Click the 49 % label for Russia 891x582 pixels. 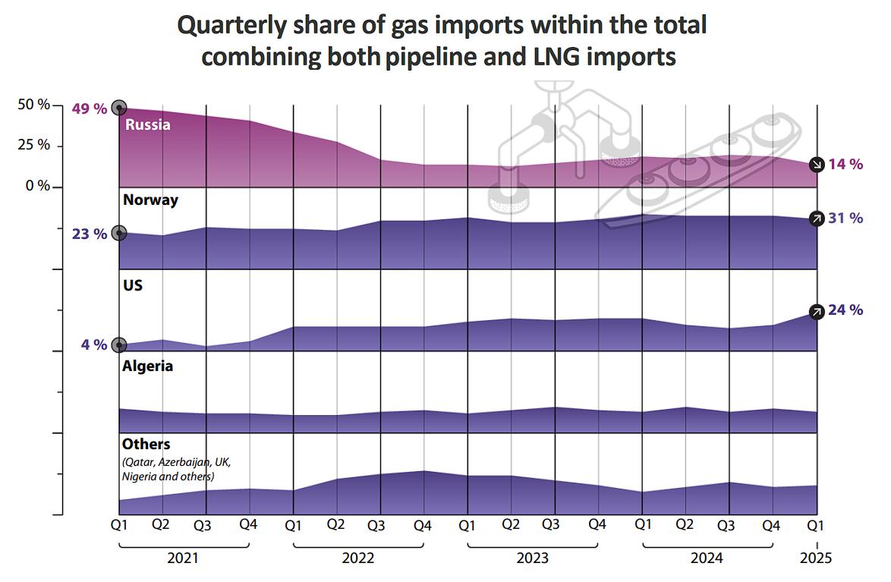[90, 109]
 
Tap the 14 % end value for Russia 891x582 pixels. [845, 164]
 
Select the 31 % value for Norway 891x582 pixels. [845, 219]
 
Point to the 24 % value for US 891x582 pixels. [845, 310]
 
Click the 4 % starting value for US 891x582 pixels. [94, 344]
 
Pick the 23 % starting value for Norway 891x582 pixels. [90, 234]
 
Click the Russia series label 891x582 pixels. [148, 124]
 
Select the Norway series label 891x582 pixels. [150, 200]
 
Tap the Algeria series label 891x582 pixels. [147, 366]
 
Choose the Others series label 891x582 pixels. [146, 444]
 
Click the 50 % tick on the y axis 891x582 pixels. [34, 105]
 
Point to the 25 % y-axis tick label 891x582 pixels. [34, 145]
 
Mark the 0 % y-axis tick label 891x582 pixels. [38, 186]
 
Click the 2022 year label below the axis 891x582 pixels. [358, 558]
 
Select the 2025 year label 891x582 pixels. [816, 558]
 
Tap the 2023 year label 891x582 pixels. [533, 558]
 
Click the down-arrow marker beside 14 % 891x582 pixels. [817, 165]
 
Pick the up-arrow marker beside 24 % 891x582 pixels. [817, 311]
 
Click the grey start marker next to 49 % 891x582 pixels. [118, 108]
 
